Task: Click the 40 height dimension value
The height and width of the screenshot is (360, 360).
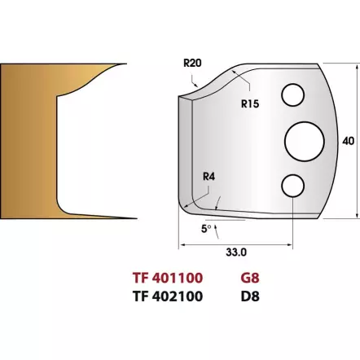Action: tap(348, 142)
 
